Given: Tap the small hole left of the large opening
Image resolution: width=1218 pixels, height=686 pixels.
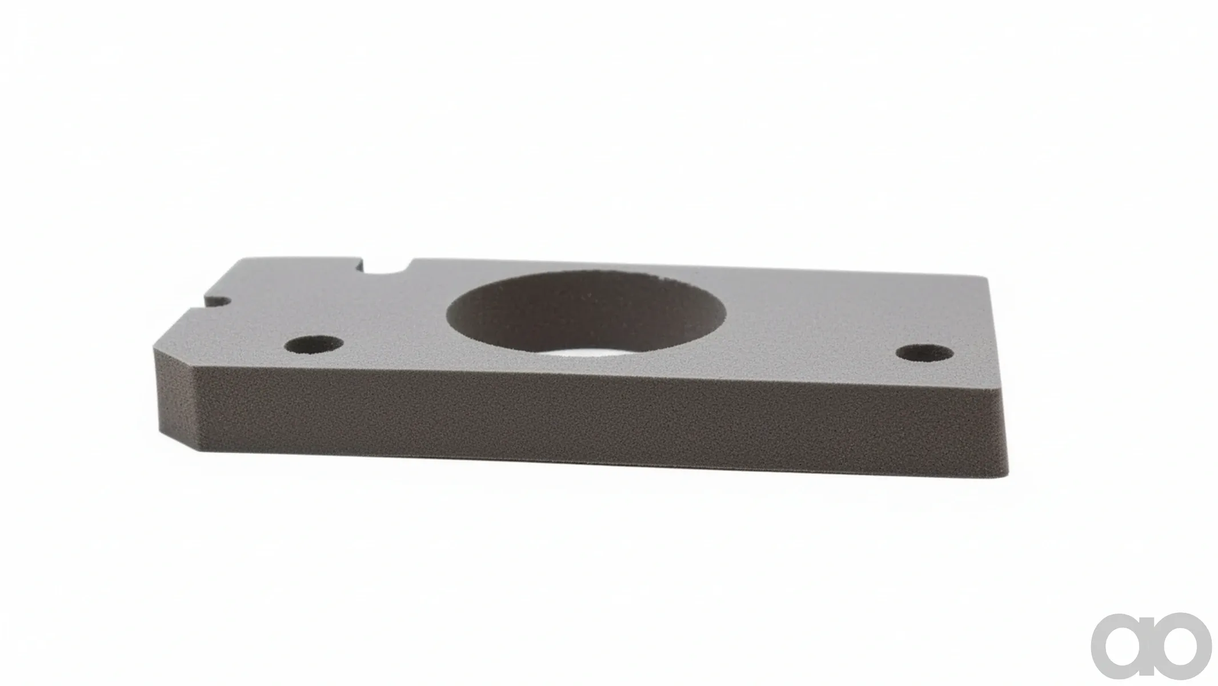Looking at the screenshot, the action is pos(314,345).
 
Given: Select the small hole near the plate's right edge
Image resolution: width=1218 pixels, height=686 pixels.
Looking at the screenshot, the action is pos(924,352).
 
